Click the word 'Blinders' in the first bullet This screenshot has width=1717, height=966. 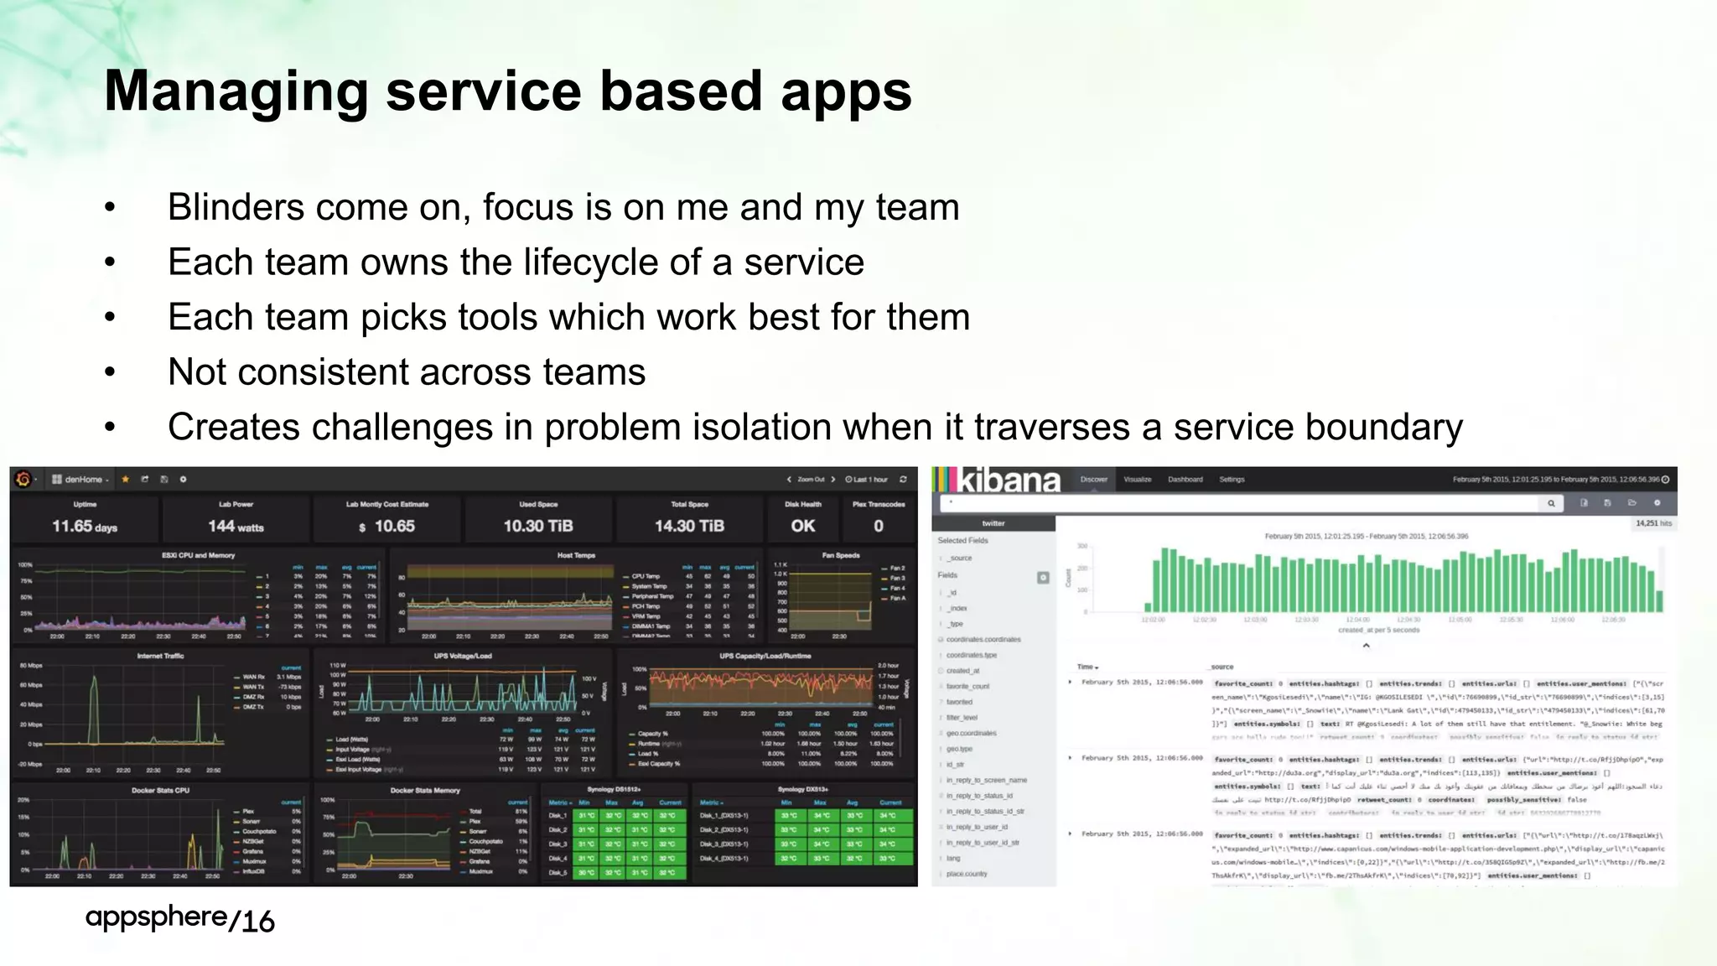coord(236,207)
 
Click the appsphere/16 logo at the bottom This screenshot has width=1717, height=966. coord(179,919)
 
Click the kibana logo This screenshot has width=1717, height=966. coord(998,480)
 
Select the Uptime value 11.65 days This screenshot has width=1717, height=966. coord(85,527)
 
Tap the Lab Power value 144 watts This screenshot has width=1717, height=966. coord(236,527)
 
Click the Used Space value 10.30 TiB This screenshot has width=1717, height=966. coord(538,527)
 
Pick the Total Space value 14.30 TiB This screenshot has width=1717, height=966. coord(689,527)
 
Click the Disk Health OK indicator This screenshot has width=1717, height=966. coord(802,526)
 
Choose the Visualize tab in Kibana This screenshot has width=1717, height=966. coord(1137,480)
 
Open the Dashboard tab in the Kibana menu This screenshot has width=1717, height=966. coord(1185,480)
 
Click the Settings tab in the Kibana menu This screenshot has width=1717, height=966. coord(1232,480)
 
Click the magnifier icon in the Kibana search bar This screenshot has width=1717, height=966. coord(1551,503)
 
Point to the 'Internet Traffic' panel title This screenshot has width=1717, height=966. coord(160,656)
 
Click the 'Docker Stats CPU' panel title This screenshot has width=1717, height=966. coord(160,790)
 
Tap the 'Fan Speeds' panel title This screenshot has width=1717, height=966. coord(841,555)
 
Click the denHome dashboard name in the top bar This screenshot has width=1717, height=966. coord(83,480)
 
